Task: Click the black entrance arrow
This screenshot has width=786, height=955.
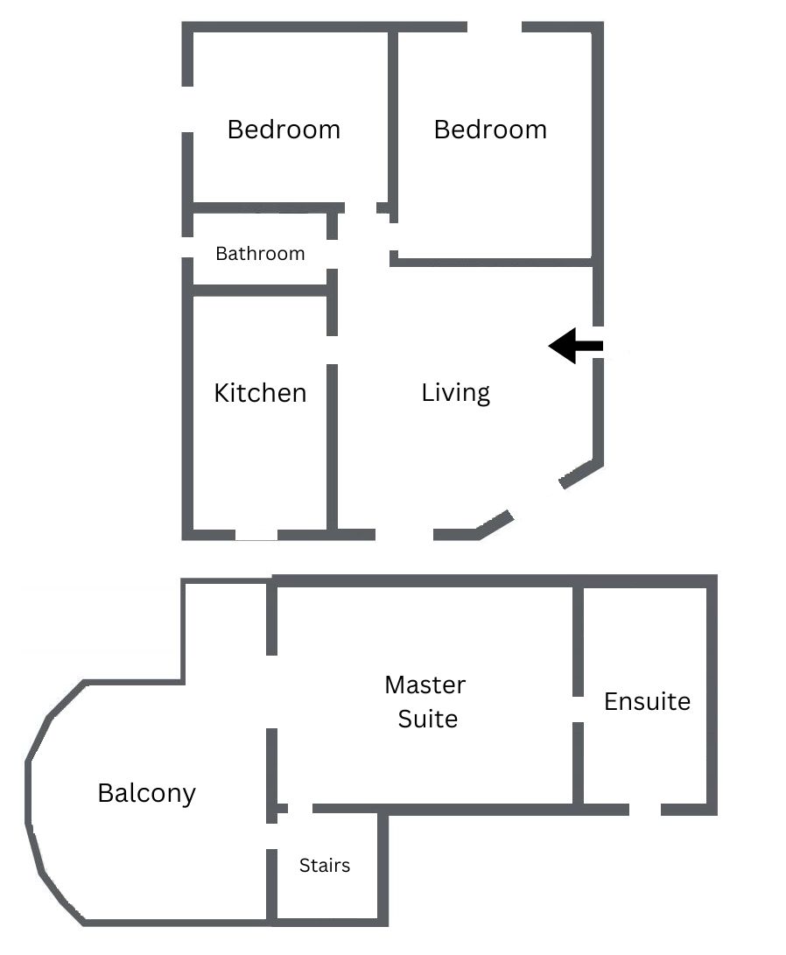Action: click(575, 346)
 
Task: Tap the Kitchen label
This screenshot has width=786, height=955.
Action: click(260, 393)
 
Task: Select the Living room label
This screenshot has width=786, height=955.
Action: click(455, 393)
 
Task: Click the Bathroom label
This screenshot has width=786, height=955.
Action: click(260, 253)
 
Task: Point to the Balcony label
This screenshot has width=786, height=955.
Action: click(147, 794)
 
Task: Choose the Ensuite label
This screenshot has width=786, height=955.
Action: click(647, 702)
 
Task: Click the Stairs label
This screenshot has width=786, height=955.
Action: click(325, 866)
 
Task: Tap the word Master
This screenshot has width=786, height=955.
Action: click(425, 685)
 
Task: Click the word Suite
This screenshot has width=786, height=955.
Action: click(427, 720)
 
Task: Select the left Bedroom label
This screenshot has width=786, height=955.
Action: click(284, 130)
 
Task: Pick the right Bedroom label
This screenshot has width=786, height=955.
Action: click(490, 130)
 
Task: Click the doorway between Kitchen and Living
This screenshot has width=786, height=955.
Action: click(332, 350)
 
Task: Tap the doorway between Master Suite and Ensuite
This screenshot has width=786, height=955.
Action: click(579, 710)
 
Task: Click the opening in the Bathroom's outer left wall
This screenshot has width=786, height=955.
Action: click(187, 247)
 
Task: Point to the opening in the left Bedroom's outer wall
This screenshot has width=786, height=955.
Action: click(187, 109)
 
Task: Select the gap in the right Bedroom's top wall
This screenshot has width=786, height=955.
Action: click(495, 27)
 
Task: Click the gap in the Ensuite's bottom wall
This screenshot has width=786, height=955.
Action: click(645, 810)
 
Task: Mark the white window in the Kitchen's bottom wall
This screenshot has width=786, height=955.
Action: click(256, 535)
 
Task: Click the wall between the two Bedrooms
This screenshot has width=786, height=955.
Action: click(393, 122)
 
